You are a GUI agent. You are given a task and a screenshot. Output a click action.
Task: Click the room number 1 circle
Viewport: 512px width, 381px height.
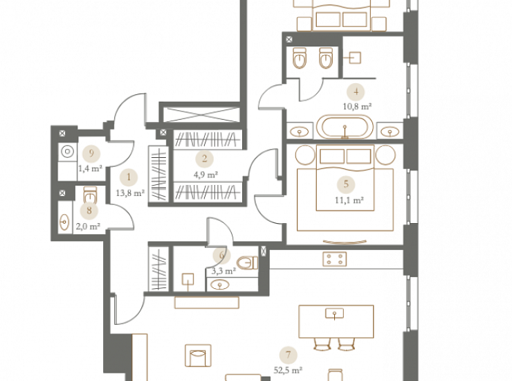[x=129, y=177]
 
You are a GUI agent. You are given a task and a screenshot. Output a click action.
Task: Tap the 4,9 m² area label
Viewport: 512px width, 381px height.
[x=205, y=175]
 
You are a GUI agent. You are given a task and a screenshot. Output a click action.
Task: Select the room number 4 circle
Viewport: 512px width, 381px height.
[x=356, y=92]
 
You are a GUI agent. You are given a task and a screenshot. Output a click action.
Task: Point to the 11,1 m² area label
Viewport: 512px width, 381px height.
[x=349, y=200]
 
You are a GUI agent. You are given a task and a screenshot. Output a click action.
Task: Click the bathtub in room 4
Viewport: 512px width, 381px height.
[x=345, y=127]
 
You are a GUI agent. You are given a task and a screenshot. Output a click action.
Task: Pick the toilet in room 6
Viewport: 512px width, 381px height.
[x=247, y=263]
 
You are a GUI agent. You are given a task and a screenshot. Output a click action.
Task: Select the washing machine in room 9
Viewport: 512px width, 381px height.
[x=68, y=152]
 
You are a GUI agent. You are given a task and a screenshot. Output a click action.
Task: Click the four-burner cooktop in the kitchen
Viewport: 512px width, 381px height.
[x=335, y=259]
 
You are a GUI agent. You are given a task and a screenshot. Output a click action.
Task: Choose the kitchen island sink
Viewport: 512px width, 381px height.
[x=334, y=314]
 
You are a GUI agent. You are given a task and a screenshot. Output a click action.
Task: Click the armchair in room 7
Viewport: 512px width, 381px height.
[x=198, y=355]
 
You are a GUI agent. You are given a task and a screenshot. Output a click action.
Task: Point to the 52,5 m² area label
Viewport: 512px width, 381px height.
[x=288, y=371]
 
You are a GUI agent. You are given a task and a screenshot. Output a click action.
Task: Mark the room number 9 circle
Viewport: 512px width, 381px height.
[x=91, y=153]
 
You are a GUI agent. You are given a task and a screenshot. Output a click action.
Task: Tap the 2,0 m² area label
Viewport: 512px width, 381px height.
[x=88, y=227]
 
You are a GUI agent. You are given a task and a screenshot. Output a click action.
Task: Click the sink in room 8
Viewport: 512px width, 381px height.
[x=64, y=222]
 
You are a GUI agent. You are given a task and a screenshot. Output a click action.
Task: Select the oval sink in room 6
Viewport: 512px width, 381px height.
[x=220, y=285]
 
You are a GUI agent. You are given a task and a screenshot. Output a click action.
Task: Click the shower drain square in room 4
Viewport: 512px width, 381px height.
[x=355, y=58]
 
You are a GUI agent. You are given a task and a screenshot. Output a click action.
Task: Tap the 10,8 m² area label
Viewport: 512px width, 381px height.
[x=357, y=107]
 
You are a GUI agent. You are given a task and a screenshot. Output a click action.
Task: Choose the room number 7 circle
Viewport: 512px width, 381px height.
[x=288, y=355]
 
